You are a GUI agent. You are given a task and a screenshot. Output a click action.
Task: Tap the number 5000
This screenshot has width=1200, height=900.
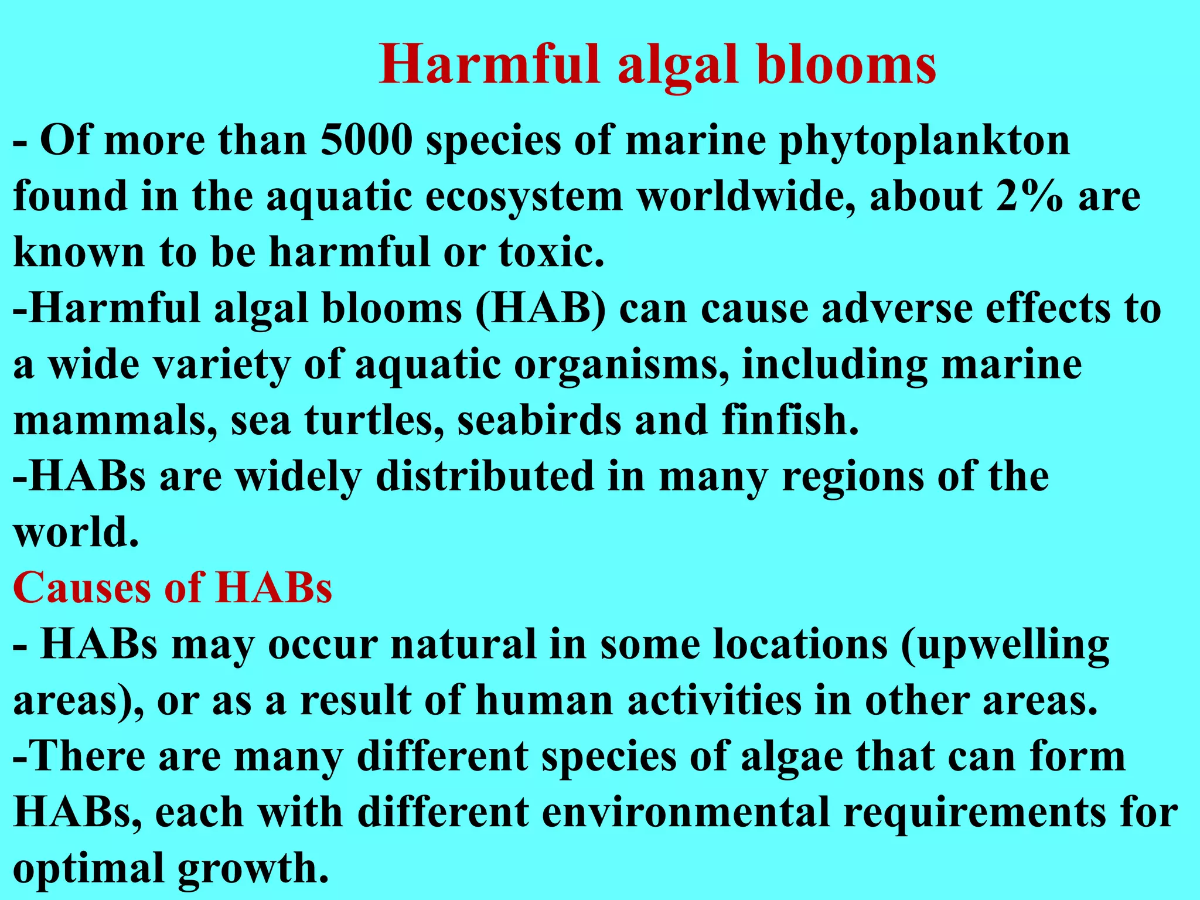pos(367,141)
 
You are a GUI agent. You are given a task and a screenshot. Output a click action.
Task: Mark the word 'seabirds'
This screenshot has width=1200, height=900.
pos(538,421)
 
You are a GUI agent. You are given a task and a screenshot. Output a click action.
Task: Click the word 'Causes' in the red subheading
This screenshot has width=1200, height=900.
pos(80,588)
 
